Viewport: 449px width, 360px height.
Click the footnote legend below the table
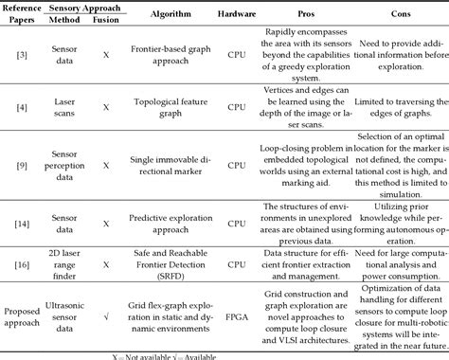(224, 354)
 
